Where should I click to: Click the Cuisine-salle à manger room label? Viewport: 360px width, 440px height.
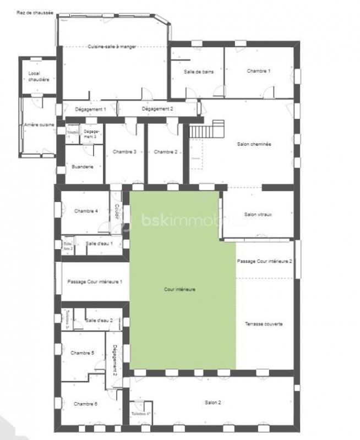(112, 47)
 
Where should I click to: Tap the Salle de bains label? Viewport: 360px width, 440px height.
(199, 71)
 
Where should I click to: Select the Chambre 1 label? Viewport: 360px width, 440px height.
(259, 71)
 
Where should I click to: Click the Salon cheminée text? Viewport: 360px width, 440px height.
(254, 144)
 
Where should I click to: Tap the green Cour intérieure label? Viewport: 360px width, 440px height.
(180, 289)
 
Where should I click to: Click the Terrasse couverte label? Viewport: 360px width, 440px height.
(264, 324)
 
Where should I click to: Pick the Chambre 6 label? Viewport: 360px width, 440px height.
(85, 404)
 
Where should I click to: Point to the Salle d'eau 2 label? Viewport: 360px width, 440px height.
(99, 320)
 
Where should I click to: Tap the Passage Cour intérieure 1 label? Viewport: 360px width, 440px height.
(95, 282)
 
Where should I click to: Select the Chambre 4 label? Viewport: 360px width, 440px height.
(86, 211)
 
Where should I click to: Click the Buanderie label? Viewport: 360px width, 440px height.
(83, 166)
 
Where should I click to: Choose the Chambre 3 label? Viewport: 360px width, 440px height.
(124, 152)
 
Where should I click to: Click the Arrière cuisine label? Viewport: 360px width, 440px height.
(39, 125)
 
